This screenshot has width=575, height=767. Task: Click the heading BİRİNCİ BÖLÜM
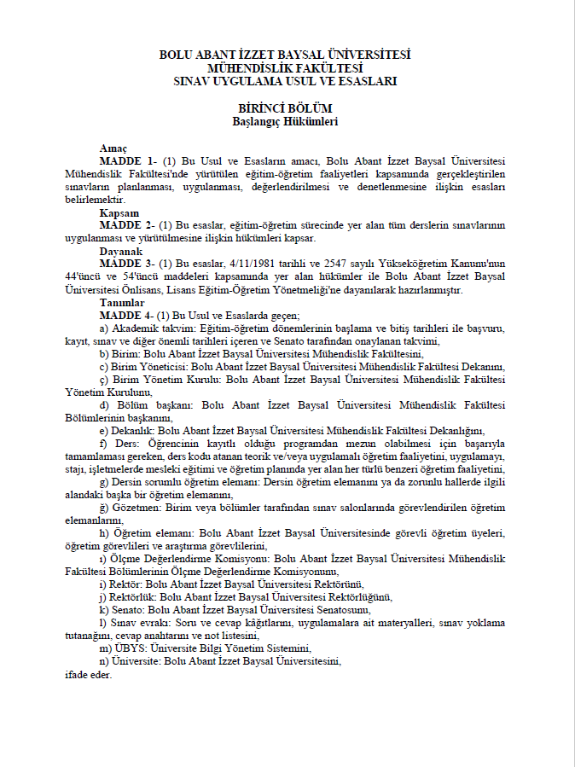[x=285, y=108]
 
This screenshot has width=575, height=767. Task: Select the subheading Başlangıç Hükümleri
[x=285, y=121]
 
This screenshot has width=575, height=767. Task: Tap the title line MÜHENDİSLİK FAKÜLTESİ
[x=285, y=67]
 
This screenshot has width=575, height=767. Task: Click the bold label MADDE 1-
[x=127, y=162]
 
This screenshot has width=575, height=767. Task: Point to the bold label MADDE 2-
[x=127, y=225]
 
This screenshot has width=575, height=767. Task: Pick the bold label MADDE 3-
[x=127, y=264]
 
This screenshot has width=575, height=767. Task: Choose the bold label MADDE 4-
[x=127, y=316]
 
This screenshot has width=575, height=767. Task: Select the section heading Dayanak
[x=120, y=252]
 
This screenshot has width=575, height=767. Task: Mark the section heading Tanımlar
[x=122, y=303]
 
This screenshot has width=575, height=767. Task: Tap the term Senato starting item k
[x=128, y=610]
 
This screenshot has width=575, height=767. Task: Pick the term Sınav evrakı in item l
[x=135, y=623]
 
